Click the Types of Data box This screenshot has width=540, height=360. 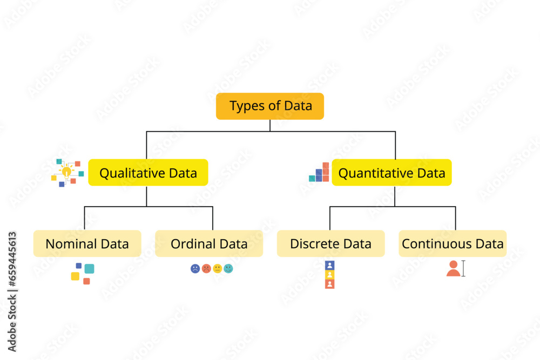(270, 106)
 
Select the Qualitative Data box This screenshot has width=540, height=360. (148, 173)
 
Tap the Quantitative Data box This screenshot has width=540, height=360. (391, 173)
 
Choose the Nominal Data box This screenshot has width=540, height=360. (87, 243)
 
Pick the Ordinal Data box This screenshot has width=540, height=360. (209, 243)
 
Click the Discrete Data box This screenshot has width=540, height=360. (330, 243)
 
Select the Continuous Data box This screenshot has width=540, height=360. (453, 243)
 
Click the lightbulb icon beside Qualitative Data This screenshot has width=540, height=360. (66, 172)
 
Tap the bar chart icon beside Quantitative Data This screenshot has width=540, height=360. (320, 172)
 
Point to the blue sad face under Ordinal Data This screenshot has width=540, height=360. (195, 268)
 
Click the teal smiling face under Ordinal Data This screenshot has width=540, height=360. (228, 268)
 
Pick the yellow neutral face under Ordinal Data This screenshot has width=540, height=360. (218, 268)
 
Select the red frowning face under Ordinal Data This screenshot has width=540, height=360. (206, 268)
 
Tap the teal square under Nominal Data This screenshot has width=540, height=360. (89, 268)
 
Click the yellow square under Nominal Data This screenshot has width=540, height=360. (75, 276)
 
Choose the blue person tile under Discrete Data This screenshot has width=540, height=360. (330, 265)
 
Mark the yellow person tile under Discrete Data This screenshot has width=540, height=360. (330, 274)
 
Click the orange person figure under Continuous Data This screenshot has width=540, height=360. (453, 268)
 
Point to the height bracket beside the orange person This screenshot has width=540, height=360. (463, 268)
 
